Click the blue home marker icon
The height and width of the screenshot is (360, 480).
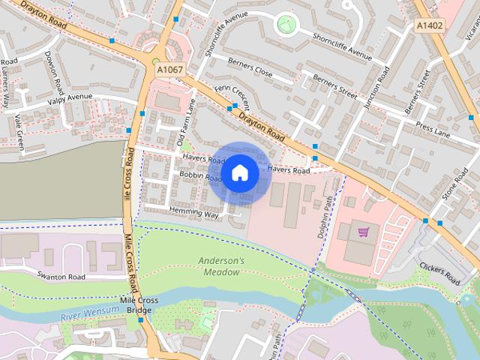click(239, 172)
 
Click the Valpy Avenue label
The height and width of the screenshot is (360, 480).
click(70, 97)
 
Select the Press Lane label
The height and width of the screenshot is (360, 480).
click(433, 130)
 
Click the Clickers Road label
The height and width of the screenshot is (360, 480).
click(439, 273)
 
